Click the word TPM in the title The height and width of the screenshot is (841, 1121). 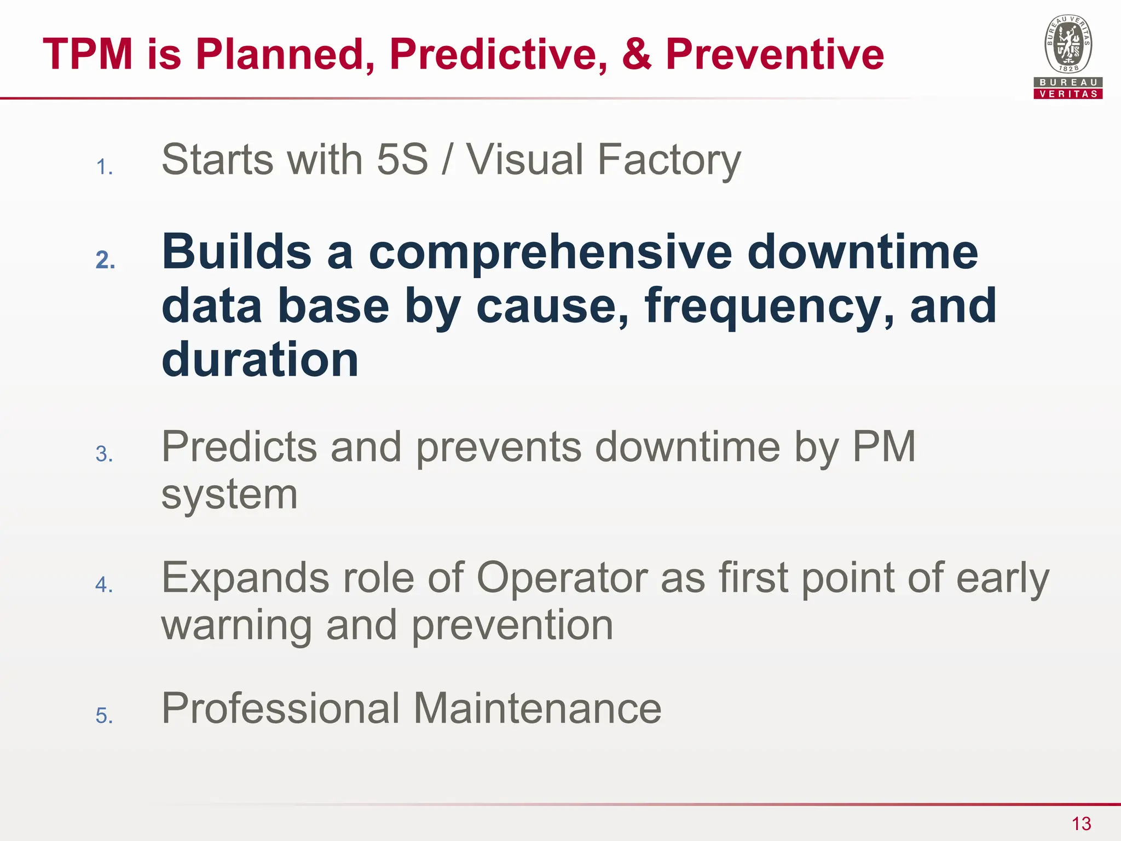click(x=88, y=54)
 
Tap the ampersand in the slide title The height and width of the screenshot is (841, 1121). click(x=637, y=54)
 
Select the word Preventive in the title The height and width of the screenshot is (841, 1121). click(x=775, y=54)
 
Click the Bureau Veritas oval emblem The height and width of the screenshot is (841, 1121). click(x=1068, y=44)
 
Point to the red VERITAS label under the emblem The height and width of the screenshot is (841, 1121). click(x=1068, y=94)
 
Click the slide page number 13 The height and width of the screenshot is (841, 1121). click(x=1081, y=823)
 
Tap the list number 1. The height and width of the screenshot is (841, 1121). click(x=104, y=167)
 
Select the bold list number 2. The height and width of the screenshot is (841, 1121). click(x=105, y=260)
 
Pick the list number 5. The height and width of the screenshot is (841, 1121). click(x=104, y=716)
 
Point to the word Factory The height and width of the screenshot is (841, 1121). click(x=669, y=160)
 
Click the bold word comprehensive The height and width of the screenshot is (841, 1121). click(x=550, y=253)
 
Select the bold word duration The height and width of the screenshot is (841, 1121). click(x=260, y=360)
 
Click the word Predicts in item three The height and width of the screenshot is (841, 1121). click(x=239, y=447)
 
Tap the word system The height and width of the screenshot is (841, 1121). click(x=229, y=495)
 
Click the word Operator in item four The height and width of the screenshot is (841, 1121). click(x=562, y=578)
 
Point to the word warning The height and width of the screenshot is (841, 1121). click(x=236, y=625)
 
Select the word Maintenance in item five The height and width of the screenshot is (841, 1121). click(x=537, y=708)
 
